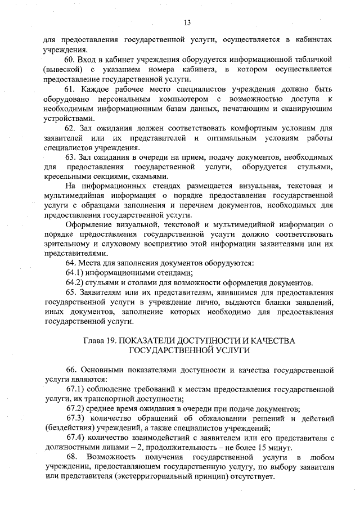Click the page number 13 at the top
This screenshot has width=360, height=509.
[x=187, y=22]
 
